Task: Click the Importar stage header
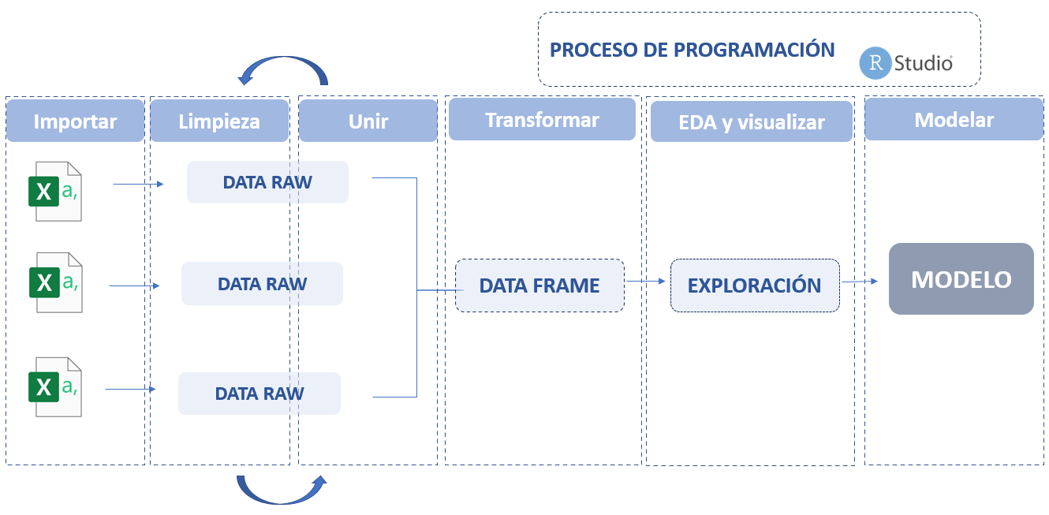[x=75, y=121]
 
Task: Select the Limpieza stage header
[x=218, y=121]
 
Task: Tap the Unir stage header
[x=368, y=121]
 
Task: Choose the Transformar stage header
[x=541, y=119]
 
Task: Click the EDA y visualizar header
[x=751, y=121]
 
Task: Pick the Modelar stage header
[x=954, y=119]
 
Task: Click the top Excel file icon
[x=55, y=191]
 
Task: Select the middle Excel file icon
[x=55, y=282]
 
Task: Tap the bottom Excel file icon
[x=55, y=386]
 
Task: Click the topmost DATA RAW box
[x=267, y=182]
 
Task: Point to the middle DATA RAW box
[x=262, y=283]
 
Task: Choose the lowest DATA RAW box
[x=259, y=394]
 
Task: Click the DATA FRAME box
[x=539, y=285]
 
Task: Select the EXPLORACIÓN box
[x=755, y=285]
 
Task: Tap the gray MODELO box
[x=961, y=279]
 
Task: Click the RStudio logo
[x=906, y=63]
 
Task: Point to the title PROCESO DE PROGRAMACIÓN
[x=692, y=50]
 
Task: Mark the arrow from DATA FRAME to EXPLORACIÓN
[x=646, y=280]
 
